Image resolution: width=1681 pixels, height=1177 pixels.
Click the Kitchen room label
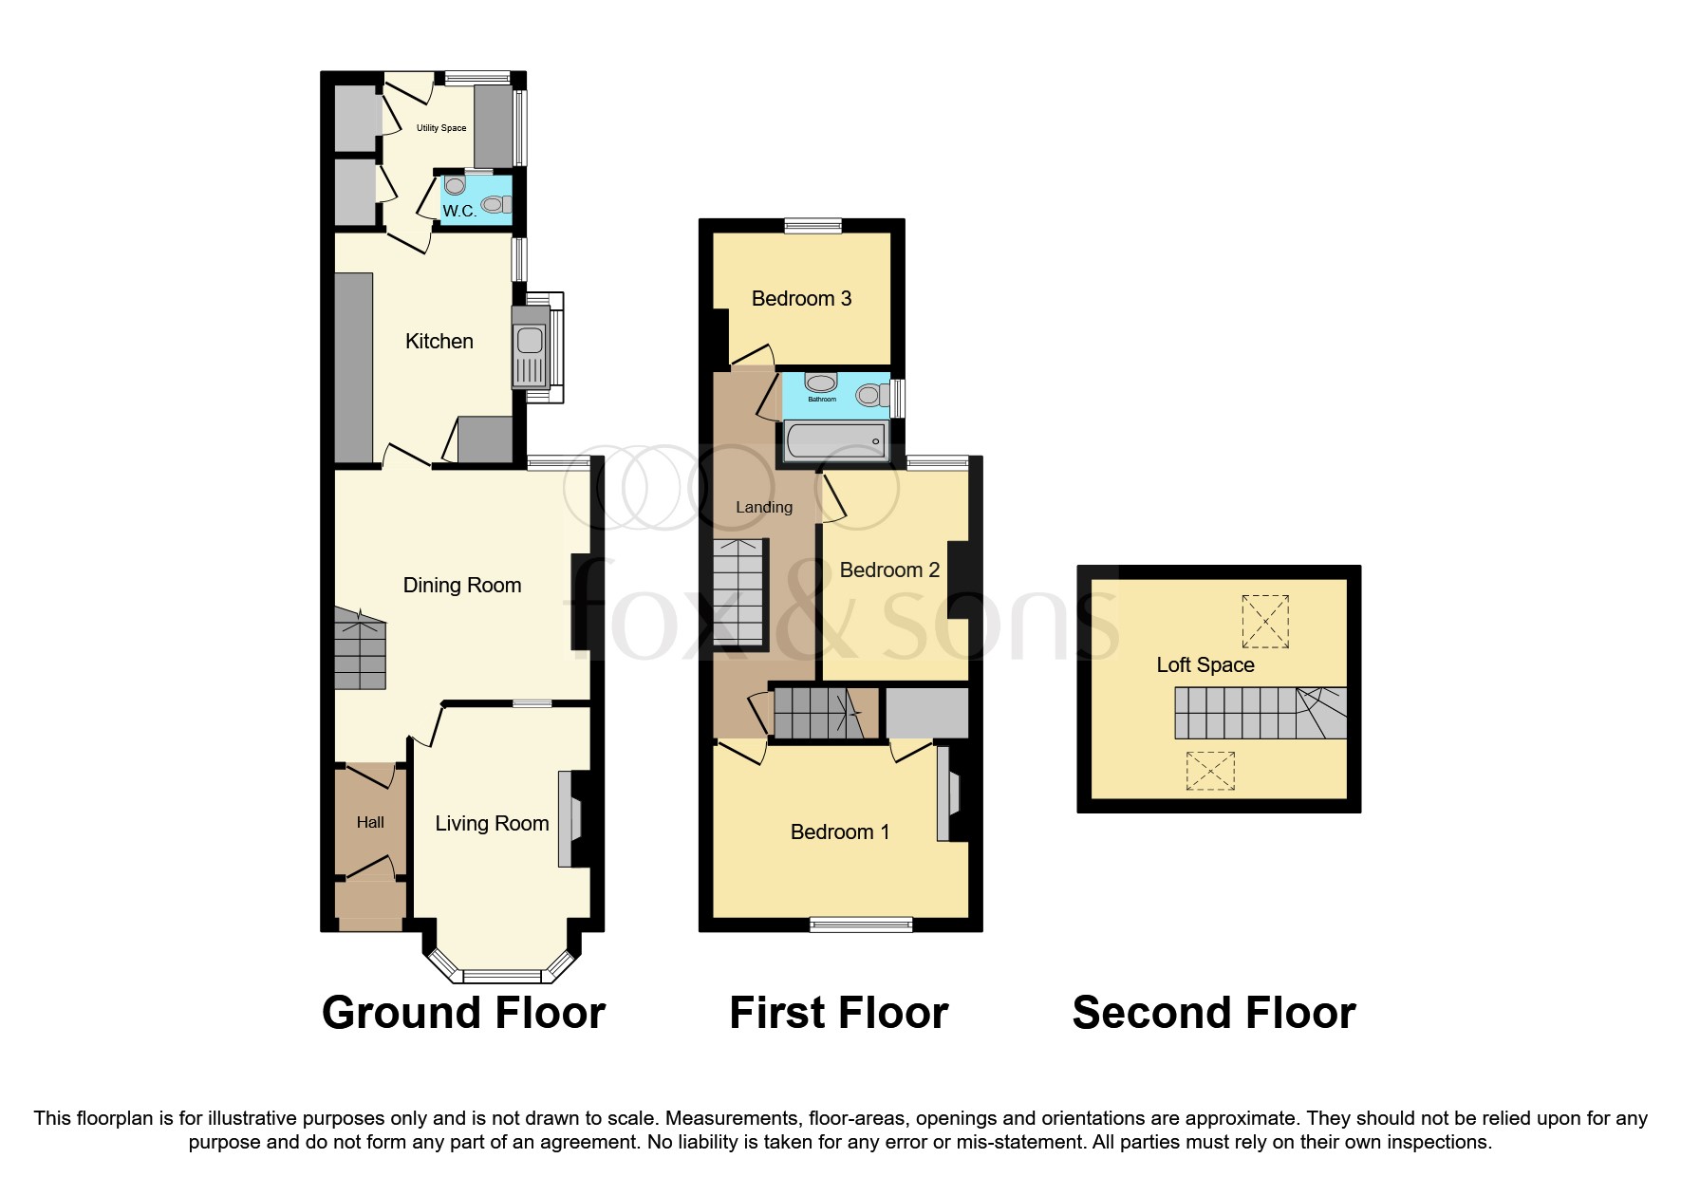tap(439, 341)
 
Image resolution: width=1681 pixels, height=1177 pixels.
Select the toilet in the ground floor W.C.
tap(495, 204)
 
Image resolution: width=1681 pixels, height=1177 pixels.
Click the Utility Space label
tap(441, 128)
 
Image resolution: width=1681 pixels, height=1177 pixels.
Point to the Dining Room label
tap(462, 585)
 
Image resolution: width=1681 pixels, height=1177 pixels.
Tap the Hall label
tap(370, 822)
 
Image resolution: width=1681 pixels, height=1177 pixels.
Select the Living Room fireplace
tap(569, 819)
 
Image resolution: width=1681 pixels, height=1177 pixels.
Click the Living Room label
tap(492, 823)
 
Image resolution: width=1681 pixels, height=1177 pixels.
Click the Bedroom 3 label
tap(801, 298)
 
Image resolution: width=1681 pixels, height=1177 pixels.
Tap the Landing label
tap(764, 507)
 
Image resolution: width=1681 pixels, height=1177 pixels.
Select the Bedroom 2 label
tap(889, 570)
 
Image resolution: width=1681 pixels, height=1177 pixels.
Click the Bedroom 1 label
tap(840, 831)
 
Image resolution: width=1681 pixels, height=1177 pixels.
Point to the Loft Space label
tap(1205, 664)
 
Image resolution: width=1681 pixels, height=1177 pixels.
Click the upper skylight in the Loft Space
tap(1265, 621)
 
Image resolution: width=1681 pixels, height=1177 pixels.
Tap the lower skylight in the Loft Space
tap(1209, 771)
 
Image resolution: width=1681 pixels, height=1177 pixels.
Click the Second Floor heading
tap(1213, 1012)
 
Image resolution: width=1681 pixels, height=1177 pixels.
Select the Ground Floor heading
tap(463, 1012)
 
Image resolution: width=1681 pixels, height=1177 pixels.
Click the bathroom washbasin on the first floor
tap(821, 383)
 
